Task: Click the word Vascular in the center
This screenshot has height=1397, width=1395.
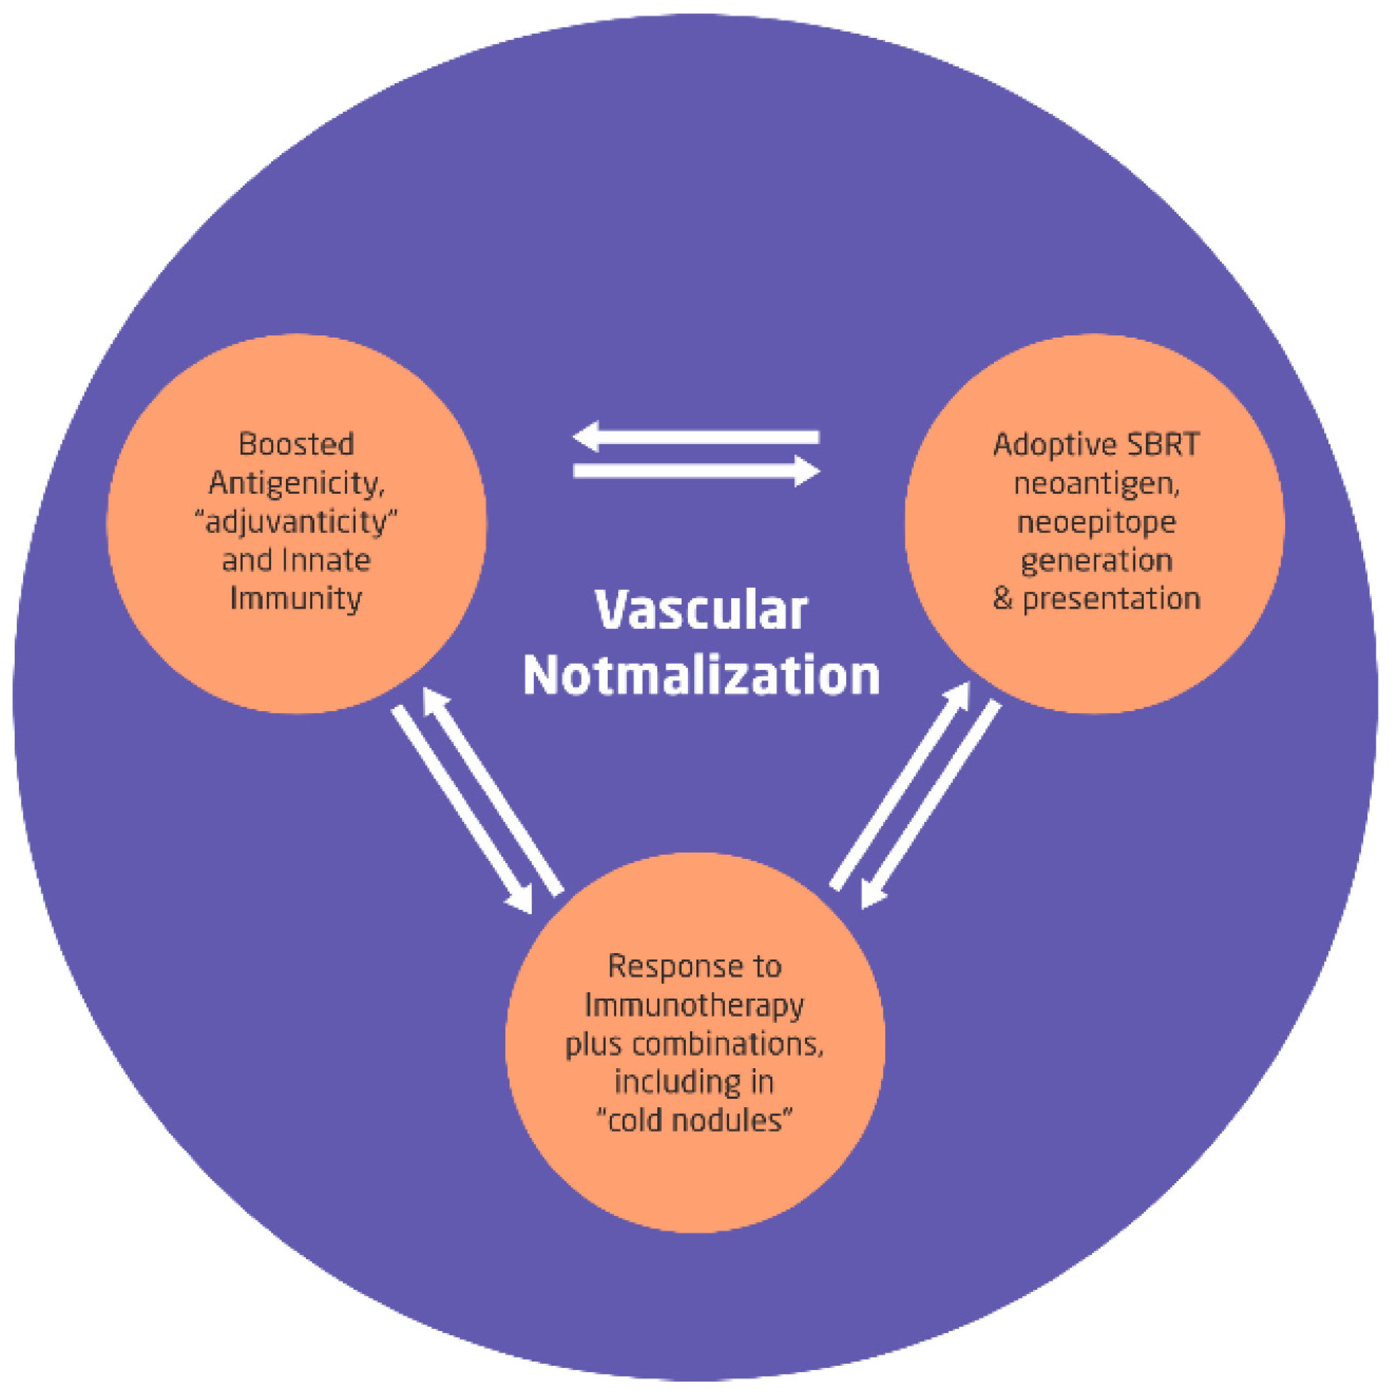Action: pyautogui.click(x=700, y=611)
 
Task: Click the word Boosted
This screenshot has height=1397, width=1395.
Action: pyautogui.click(x=296, y=444)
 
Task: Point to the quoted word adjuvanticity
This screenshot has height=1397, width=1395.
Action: pyautogui.click(x=296, y=522)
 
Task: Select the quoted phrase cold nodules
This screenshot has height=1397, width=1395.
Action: pyautogui.click(x=694, y=1121)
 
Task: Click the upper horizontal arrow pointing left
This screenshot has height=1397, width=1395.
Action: pyautogui.click(x=696, y=437)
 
